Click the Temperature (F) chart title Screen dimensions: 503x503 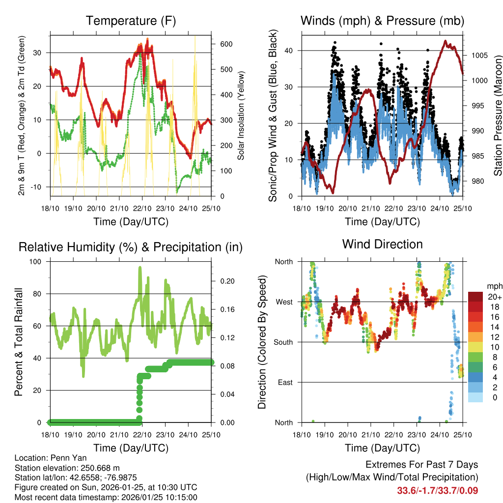coord(131,21)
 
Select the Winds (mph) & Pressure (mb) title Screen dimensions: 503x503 coord(382,21)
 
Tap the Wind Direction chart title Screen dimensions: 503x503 coord(382,244)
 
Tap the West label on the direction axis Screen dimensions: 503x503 coord(283,302)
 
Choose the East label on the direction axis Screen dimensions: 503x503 coord(284,382)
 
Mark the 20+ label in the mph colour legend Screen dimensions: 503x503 coord(494,297)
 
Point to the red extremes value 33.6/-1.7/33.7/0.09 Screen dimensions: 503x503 coord(437,491)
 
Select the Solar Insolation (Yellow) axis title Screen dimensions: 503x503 coord(241,115)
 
